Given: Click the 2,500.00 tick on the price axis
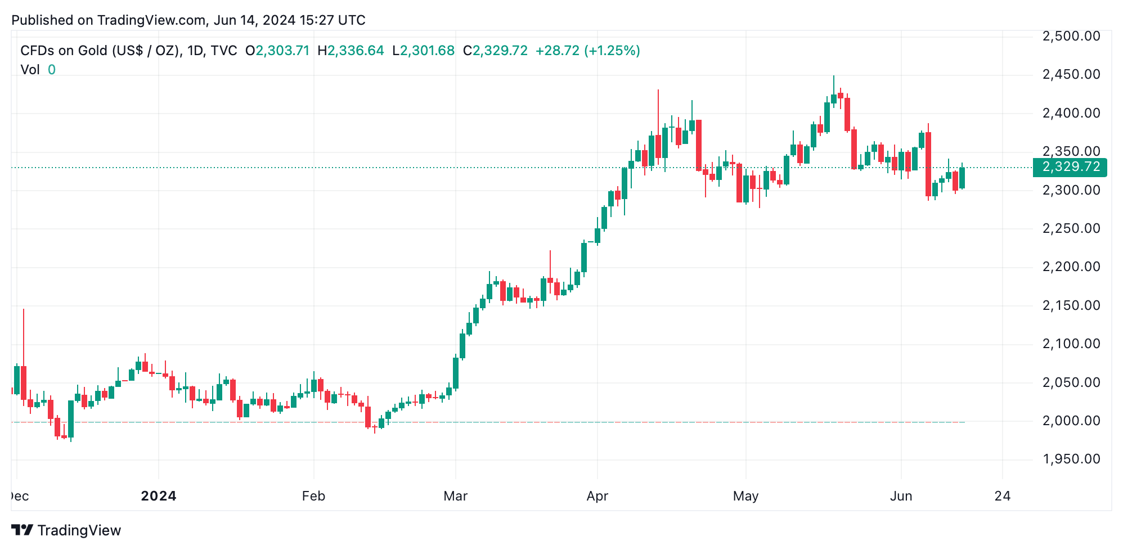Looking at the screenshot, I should click(1071, 37).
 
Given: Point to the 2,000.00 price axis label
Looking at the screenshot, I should click(1071, 421).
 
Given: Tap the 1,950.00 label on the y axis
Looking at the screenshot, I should click(1071, 459).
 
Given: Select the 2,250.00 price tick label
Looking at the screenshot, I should click(1071, 228).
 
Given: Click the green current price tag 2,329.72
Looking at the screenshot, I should click(1070, 167).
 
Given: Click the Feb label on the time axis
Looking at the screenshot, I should click(313, 496).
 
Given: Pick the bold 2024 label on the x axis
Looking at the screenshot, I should click(159, 496).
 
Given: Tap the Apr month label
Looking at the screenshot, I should click(597, 496).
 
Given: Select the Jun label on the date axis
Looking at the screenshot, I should click(901, 496).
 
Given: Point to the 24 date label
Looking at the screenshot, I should click(1002, 496).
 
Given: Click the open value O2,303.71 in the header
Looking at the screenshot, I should click(277, 51).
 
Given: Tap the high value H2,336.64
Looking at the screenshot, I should click(351, 51).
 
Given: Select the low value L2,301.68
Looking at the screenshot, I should click(423, 51).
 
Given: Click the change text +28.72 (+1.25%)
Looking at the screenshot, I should click(587, 51).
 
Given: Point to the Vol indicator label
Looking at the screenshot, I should click(30, 70).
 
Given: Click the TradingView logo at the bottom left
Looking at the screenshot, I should click(66, 530).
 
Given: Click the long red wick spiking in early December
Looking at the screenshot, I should click(24, 337).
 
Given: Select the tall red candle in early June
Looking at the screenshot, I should click(928, 164).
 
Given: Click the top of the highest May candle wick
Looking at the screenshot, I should click(834, 76).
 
